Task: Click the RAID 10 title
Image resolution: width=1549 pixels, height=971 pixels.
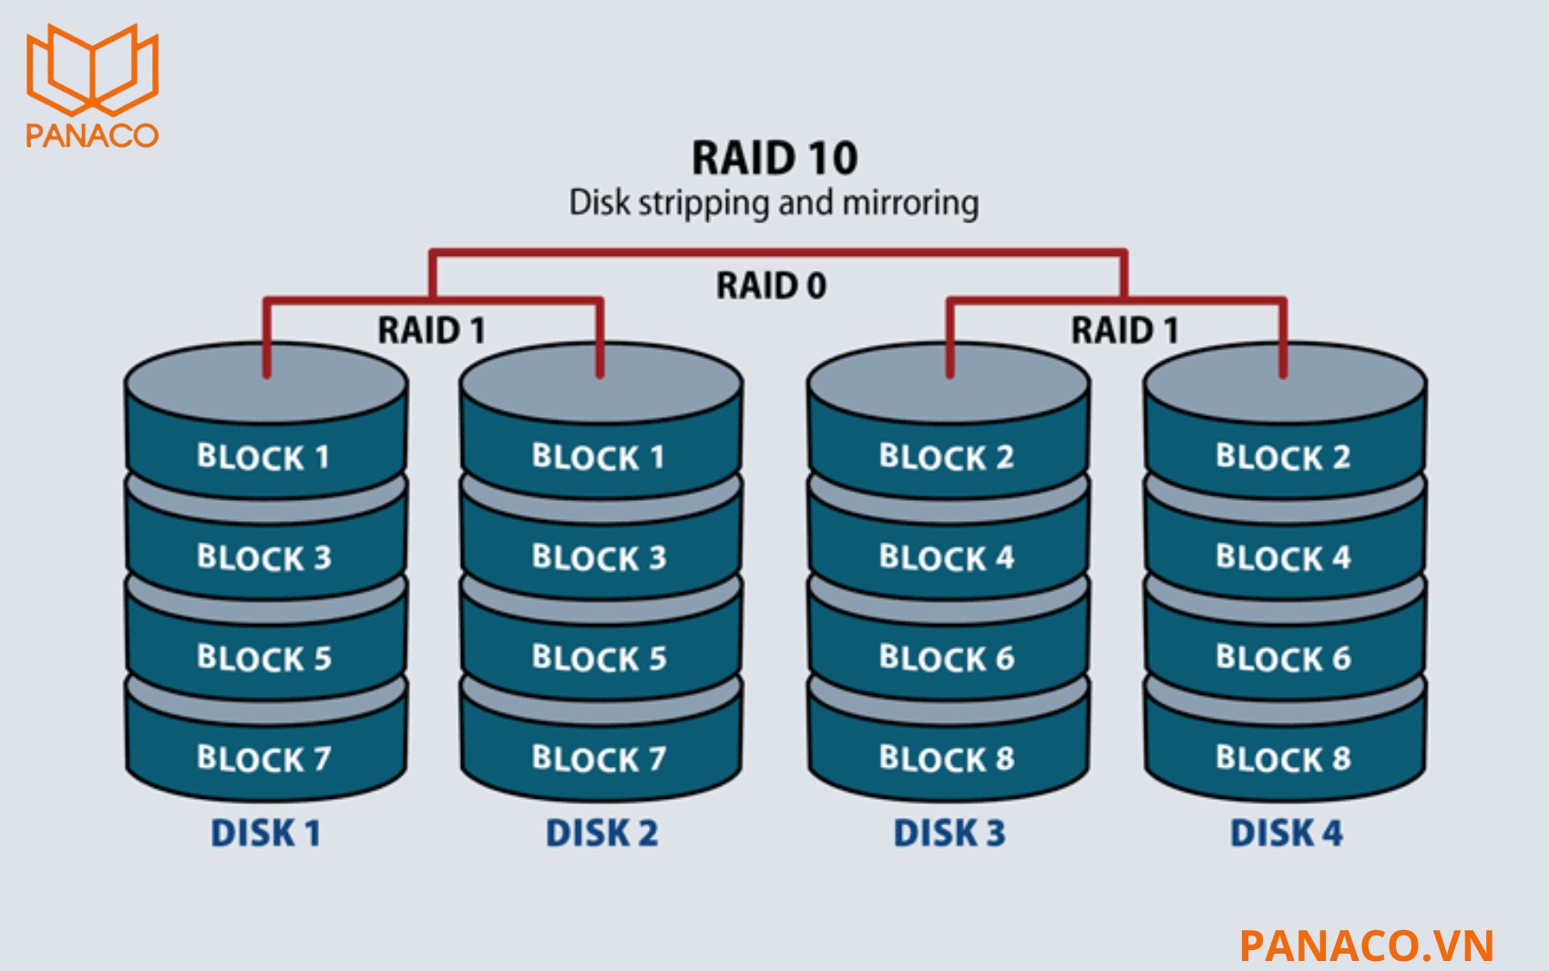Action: [x=774, y=158]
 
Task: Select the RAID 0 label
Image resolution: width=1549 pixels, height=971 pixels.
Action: [x=771, y=286]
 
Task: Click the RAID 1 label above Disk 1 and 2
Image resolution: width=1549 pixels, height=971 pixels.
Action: [x=432, y=330]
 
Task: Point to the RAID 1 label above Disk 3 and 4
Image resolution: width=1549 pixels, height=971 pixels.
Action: [x=1124, y=330]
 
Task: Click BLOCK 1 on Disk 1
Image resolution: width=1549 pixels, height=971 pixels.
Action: [x=263, y=456]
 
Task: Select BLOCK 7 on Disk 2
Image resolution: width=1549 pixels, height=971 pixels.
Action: [x=599, y=758]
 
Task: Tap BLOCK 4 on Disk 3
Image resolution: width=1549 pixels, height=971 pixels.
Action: [x=946, y=557]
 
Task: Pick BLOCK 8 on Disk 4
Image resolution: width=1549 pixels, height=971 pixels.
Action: [x=1283, y=758]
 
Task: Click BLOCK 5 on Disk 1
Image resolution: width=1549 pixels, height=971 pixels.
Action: [x=263, y=658]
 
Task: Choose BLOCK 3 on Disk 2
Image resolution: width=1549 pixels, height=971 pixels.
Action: [x=599, y=557]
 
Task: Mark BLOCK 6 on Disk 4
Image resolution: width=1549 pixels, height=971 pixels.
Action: [x=1283, y=658]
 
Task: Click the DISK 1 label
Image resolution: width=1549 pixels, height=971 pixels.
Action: [x=265, y=833]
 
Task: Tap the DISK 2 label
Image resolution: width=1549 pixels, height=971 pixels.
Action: [x=601, y=833]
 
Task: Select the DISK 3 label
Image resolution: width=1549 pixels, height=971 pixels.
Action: [x=949, y=833]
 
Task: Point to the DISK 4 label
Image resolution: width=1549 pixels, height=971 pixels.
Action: [x=1286, y=833]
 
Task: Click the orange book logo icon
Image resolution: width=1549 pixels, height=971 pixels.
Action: [x=92, y=68]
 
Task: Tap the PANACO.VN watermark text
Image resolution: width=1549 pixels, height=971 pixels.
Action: [x=1367, y=945]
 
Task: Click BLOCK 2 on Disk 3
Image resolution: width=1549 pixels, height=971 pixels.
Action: [x=946, y=456]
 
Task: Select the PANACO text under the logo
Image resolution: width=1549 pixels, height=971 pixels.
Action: [x=92, y=135]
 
